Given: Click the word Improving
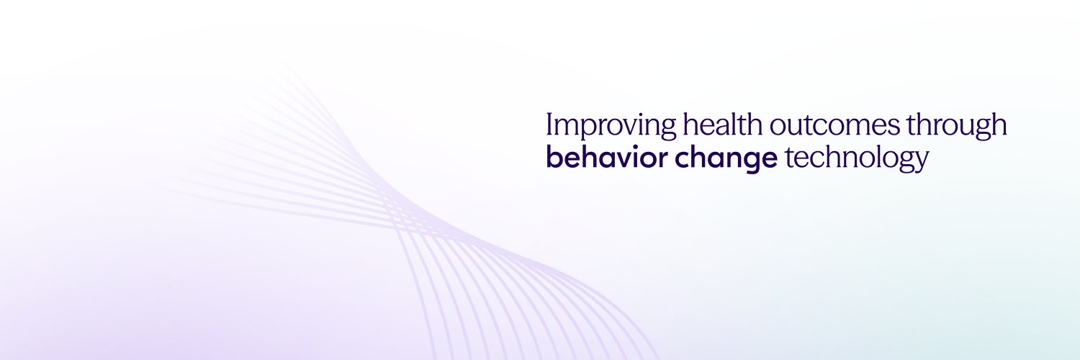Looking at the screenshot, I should pos(611,125).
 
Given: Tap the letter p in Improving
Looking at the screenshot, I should pos(583,129).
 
